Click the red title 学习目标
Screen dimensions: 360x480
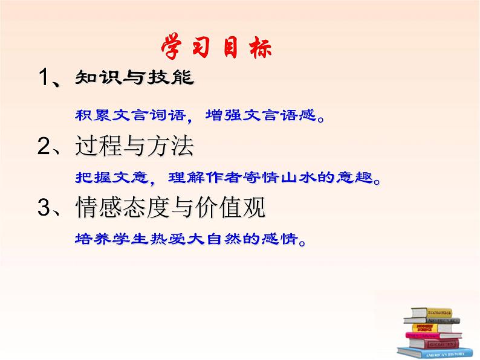click(x=216, y=48)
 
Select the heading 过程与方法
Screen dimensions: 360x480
click(x=134, y=146)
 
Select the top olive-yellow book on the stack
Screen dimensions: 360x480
click(x=432, y=313)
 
